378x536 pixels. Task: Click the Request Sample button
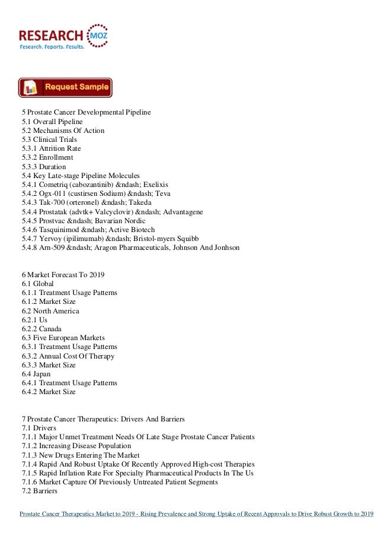[x=65, y=87]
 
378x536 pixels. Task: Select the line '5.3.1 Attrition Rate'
[x=51, y=148]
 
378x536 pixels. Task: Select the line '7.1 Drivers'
[x=39, y=429]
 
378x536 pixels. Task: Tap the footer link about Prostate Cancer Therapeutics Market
[x=196, y=514]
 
